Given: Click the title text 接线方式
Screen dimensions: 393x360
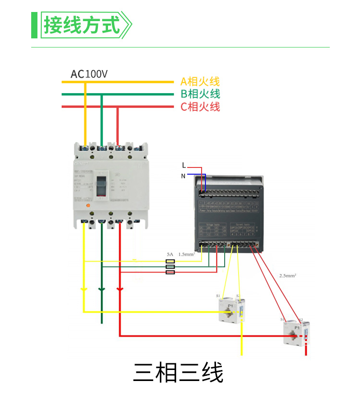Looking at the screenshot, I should point(82,24).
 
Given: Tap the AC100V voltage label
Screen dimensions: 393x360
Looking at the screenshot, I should point(89,74).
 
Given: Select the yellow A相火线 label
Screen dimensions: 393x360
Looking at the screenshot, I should point(200,82).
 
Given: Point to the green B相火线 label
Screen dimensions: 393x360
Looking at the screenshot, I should point(200,94).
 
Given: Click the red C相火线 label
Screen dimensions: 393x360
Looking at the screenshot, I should point(200,107).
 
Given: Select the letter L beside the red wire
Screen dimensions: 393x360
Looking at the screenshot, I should point(184,166).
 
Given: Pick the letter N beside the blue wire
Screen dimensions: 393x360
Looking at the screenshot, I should point(183,176).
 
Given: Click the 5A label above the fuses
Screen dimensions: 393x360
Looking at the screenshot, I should point(170,253).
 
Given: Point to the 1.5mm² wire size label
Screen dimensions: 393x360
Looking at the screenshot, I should point(186,253).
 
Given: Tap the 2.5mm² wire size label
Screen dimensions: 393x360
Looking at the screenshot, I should point(288,276).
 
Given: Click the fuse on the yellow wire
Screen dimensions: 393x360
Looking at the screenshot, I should point(170,262).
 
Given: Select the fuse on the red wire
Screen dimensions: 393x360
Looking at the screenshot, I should point(170,272).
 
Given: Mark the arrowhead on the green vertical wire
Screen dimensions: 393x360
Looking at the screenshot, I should point(101,290).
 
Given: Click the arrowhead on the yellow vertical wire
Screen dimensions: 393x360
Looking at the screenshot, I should point(84,290).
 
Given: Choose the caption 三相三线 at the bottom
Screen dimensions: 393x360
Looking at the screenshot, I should point(178,372).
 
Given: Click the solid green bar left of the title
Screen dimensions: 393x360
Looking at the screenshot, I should point(34,25).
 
